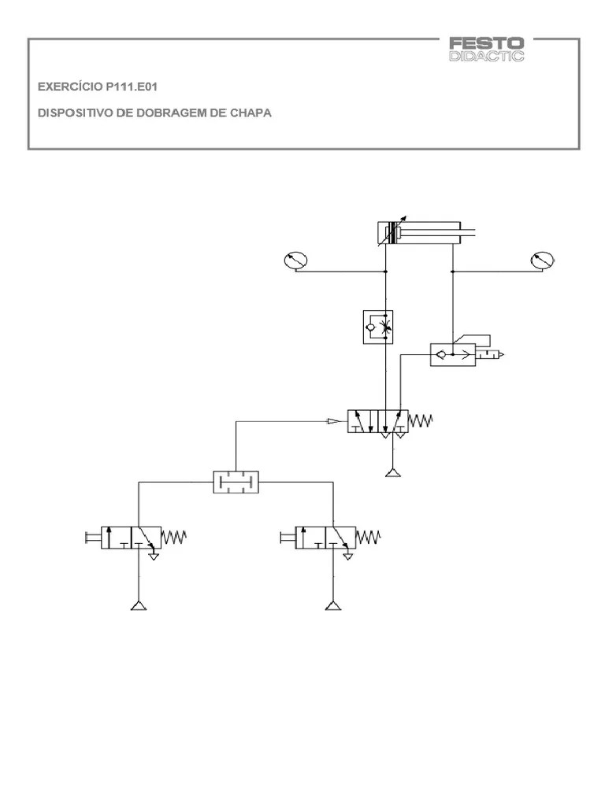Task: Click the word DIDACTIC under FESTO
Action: click(x=485, y=56)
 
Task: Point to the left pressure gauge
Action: click(x=295, y=260)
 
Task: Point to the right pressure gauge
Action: click(x=543, y=260)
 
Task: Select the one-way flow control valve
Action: click(x=377, y=327)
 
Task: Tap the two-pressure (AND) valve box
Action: click(x=236, y=481)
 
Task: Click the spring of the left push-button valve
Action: click(x=173, y=538)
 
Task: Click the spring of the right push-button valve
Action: click(x=369, y=538)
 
